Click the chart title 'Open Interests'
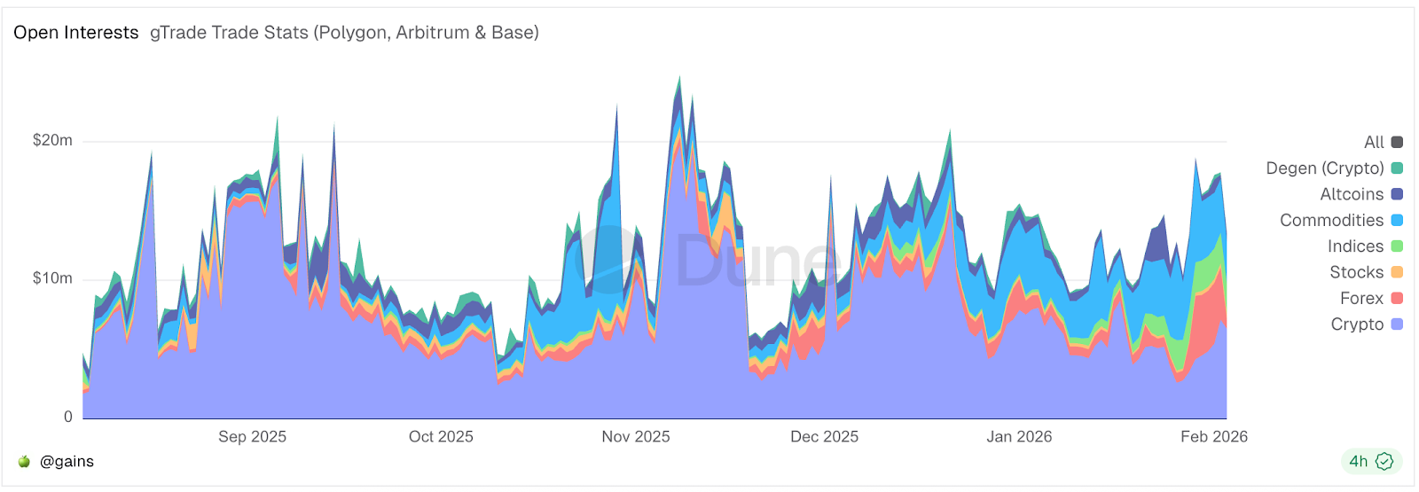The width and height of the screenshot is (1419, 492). point(75,33)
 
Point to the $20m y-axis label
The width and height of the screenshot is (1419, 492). point(52,140)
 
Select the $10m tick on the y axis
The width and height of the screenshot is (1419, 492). point(52,278)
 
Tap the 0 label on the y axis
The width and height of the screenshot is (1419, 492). point(67,417)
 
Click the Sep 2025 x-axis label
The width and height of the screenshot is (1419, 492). point(252,436)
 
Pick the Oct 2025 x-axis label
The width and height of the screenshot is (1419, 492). point(441,436)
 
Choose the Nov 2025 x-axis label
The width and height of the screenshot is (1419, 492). point(635,436)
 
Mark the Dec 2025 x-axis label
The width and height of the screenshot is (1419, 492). point(824,436)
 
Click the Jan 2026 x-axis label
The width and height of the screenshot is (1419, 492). point(1019,436)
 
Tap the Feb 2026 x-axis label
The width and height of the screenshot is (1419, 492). point(1213,436)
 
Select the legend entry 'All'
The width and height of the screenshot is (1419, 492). point(1374,142)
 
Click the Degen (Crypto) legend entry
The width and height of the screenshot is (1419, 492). point(1325,168)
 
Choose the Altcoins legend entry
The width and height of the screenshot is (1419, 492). point(1352,194)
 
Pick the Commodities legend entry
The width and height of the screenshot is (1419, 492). point(1331,220)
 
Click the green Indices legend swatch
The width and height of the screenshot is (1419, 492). point(1397,246)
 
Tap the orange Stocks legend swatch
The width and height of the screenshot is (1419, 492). point(1397,272)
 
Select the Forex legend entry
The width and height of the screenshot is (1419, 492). point(1361,298)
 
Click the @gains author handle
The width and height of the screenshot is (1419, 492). point(67,461)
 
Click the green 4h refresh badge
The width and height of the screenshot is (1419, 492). point(1370,461)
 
